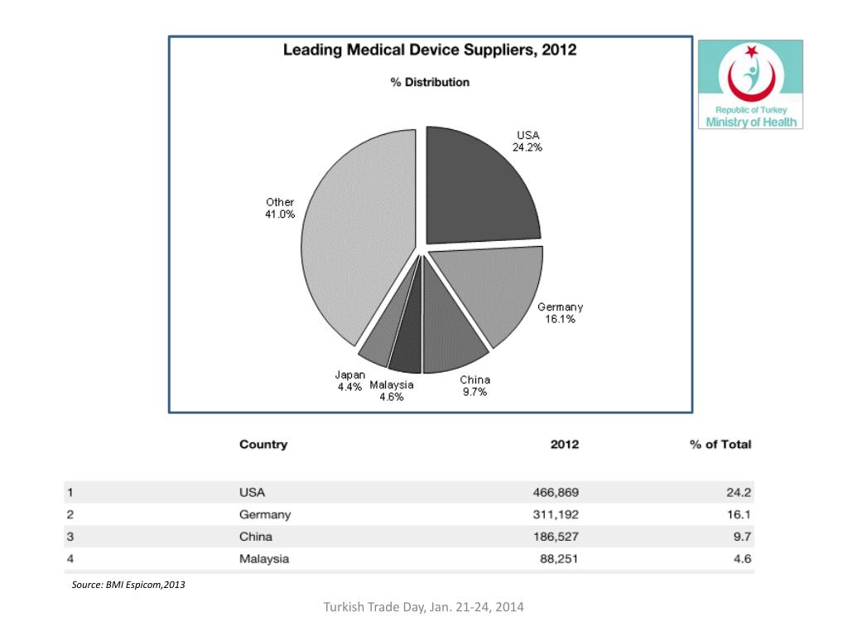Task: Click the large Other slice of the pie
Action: click(357, 238)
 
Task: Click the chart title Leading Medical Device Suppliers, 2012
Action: click(430, 50)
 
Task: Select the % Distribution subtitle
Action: click(430, 82)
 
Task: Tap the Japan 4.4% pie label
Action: click(350, 381)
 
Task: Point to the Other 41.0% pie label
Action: click(280, 208)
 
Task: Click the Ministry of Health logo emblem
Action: click(750, 73)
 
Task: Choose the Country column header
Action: click(263, 445)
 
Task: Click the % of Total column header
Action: click(720, 445)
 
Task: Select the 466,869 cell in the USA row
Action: click(556, 493)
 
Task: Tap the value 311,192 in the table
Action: click(556, 515)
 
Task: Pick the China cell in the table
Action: click(256, 537)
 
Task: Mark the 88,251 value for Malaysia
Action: click(559, 559)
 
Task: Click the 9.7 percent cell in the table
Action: click(742, 537)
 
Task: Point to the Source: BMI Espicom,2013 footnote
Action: click(128, 585)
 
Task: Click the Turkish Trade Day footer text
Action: click(423, 607)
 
